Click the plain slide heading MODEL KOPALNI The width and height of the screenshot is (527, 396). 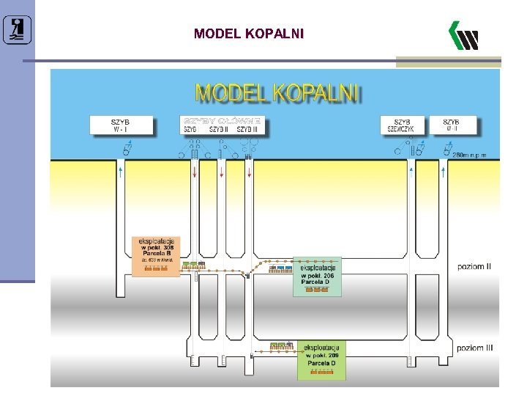point(248,34)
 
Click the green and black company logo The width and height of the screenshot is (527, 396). point(463,35)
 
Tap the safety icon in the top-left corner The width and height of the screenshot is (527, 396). point(17,29)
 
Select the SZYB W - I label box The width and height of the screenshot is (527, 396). point(122,125)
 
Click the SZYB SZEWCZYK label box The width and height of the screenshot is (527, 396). point(402,125)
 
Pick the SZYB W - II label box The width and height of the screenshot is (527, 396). point(451,125)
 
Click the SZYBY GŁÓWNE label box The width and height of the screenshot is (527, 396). point(222,125)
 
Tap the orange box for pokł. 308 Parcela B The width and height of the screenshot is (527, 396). point(156,254)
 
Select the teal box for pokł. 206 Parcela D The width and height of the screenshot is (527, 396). point(317,276)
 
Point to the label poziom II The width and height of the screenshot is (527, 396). point(474,266)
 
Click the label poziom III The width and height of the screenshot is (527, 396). point(474,348)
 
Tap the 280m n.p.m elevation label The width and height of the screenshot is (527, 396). point(469,155)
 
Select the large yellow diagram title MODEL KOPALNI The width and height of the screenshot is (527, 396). point(277,93)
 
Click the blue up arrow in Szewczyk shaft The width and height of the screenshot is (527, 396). point(411,172)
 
